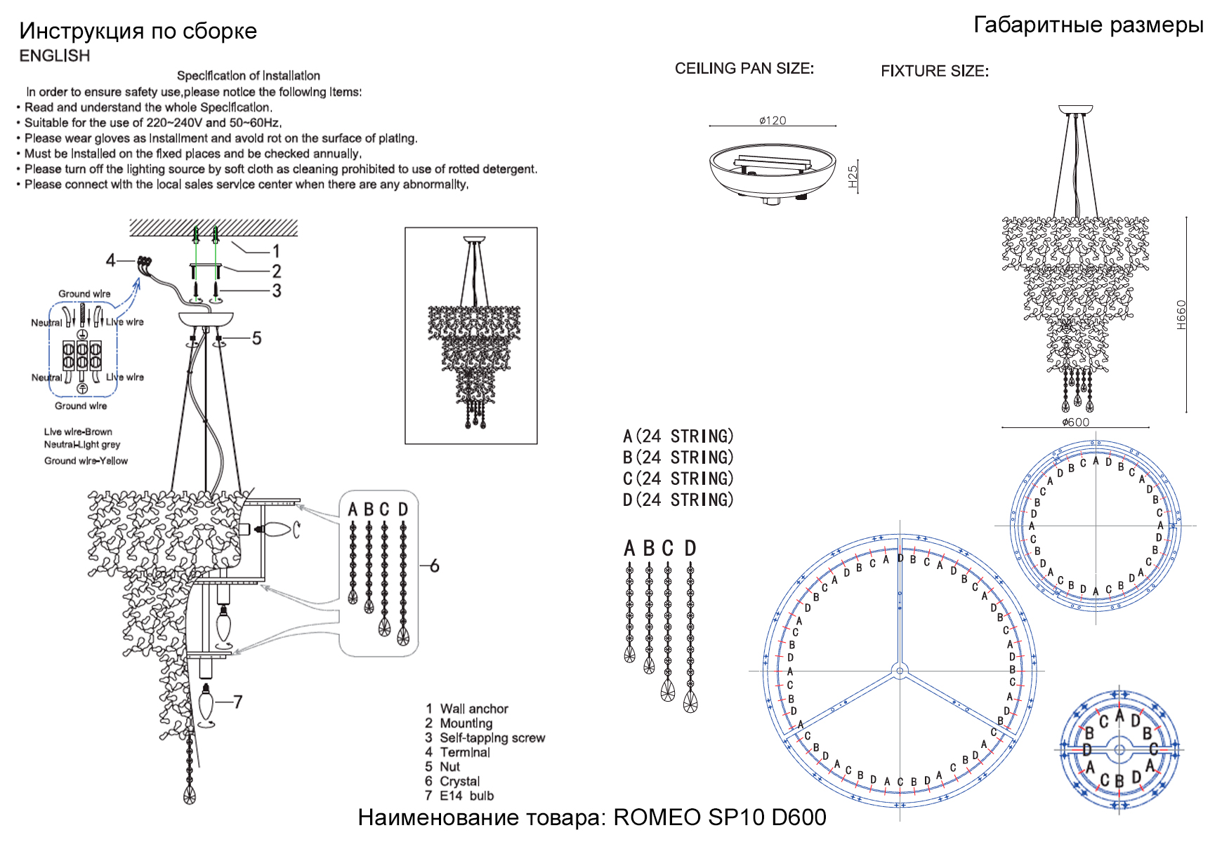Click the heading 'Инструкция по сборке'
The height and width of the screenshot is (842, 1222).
[138, 31]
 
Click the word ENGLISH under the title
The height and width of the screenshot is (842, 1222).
[54, 56]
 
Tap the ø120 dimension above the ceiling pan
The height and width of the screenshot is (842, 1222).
[773, 121]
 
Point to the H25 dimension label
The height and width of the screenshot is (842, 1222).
[853, 176]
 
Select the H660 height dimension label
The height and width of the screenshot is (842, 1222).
[1181, 315]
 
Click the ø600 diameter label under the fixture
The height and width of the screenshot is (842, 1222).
[1075, 422]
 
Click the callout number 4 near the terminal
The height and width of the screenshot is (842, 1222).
[110, 260]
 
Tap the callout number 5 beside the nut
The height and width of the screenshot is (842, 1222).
[256, 338]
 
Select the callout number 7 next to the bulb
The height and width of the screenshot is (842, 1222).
[237, 702]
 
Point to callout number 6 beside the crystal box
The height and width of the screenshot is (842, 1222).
[434, 566]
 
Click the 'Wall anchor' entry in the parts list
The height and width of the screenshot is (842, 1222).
[473, 709]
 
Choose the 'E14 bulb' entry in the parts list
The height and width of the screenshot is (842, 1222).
[466, 796]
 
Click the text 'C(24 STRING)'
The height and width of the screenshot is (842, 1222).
[678, 479]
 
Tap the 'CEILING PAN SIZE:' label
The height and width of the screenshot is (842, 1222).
[744, 69]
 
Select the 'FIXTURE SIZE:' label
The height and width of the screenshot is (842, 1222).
[934, 72]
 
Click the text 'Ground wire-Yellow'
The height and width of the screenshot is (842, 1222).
[86, 461]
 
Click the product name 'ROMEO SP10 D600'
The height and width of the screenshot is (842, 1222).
[719, 817]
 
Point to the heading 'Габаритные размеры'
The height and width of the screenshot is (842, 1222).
[1088, 25]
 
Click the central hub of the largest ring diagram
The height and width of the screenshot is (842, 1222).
[900, 671]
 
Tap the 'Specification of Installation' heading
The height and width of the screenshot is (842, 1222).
[248, 76]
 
